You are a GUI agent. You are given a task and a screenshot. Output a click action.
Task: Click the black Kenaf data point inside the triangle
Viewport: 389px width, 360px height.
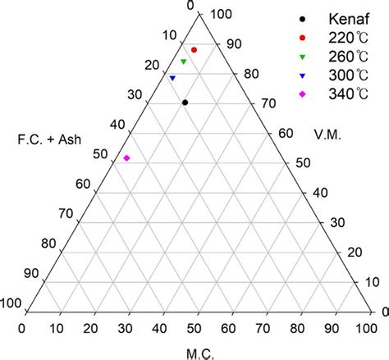point(185,103)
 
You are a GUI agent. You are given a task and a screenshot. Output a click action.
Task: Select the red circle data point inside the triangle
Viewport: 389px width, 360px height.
point(194,50)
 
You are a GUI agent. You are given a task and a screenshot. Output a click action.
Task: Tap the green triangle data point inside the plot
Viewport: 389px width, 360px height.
point(184,62)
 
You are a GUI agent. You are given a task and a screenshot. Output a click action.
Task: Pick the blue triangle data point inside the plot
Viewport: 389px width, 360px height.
point(172,78)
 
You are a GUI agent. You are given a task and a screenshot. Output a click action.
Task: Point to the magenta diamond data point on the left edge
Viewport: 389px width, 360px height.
point(126,158)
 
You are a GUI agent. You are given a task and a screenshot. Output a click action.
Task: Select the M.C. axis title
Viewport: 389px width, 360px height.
point(195,353)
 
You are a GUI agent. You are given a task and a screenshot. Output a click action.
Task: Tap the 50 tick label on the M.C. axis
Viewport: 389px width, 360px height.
point(195,328)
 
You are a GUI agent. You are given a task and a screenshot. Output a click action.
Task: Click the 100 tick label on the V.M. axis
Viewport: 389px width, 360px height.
point(220,14)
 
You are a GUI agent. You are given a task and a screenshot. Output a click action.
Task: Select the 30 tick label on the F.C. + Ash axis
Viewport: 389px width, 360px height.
point(135,94)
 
